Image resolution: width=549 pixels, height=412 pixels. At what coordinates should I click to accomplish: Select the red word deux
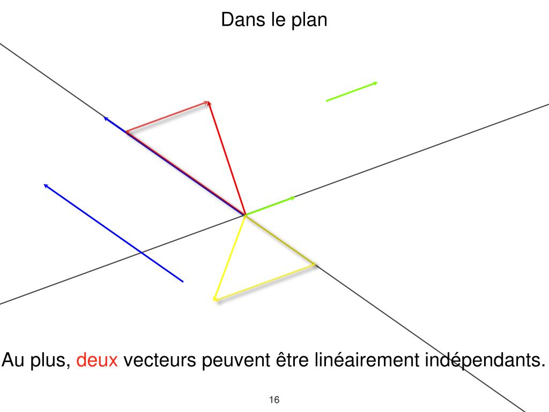97,360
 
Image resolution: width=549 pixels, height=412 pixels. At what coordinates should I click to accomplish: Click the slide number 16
274,400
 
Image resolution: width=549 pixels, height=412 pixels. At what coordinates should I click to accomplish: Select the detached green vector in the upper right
351,91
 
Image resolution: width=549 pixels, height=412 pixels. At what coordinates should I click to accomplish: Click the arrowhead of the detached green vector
375,83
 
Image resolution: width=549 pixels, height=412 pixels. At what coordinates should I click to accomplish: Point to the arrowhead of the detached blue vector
46,186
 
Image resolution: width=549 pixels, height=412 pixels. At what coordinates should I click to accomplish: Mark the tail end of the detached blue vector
183,281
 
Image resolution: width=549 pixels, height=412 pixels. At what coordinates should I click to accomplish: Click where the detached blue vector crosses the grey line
140,251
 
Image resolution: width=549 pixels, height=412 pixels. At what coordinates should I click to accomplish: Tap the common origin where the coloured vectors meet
245,215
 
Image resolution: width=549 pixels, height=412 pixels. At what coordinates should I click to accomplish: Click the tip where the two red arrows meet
208,101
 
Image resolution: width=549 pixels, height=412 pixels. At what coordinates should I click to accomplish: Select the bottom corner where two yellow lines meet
215,299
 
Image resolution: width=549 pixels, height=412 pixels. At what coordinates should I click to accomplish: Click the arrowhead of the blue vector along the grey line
106,117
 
